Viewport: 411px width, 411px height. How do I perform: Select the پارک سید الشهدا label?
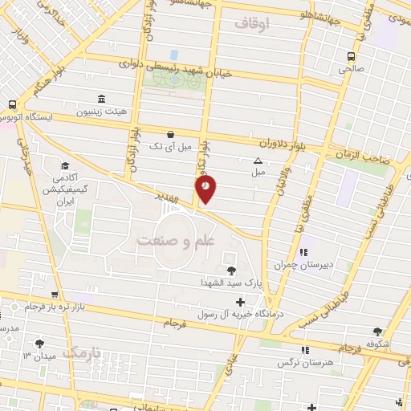coord(232,283)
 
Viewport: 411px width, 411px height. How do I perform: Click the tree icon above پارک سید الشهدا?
coord(232,270)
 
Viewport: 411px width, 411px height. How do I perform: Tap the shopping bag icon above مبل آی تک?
coord(169,135)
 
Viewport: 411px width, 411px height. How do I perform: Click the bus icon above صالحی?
coord(351,56)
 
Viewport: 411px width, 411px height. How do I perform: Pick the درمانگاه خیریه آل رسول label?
coord(241,314)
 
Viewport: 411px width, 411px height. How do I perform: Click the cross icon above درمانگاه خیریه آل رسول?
coord(240,301)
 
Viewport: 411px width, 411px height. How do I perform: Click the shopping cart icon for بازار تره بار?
coord(54,295)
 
